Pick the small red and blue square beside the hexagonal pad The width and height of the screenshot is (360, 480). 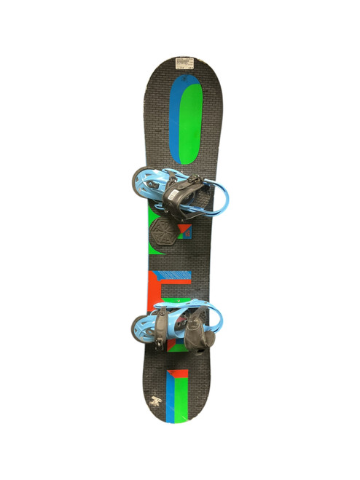point(183,232)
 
